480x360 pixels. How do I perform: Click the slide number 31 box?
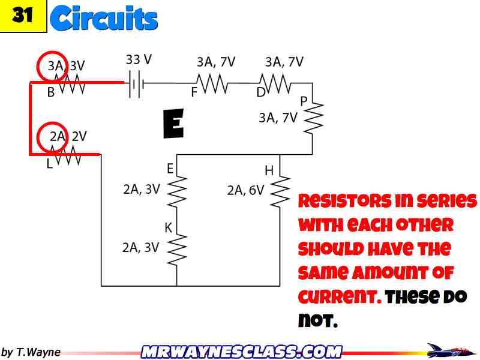23,16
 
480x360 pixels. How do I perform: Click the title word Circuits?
104,19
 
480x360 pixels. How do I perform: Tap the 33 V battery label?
139,59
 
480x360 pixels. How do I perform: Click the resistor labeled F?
212,83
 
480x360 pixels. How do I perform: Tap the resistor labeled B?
68,86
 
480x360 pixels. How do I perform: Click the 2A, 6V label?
245,190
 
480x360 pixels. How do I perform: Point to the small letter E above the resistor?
170,169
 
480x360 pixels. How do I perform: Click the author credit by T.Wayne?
31,352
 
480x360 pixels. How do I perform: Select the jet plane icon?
448,350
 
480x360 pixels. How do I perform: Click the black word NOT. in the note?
318,321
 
